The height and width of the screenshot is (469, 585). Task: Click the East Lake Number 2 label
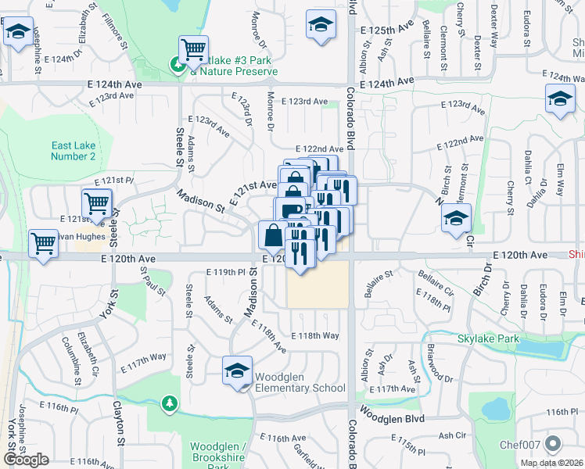[74, 151]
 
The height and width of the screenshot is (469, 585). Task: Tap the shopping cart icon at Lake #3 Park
[193, 51]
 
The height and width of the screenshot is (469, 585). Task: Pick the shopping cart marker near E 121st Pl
[96, 203]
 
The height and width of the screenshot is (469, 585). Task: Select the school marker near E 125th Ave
[321, 24]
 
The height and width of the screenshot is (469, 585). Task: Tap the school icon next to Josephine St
[18, 32]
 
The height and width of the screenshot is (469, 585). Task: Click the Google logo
[26, 459]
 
